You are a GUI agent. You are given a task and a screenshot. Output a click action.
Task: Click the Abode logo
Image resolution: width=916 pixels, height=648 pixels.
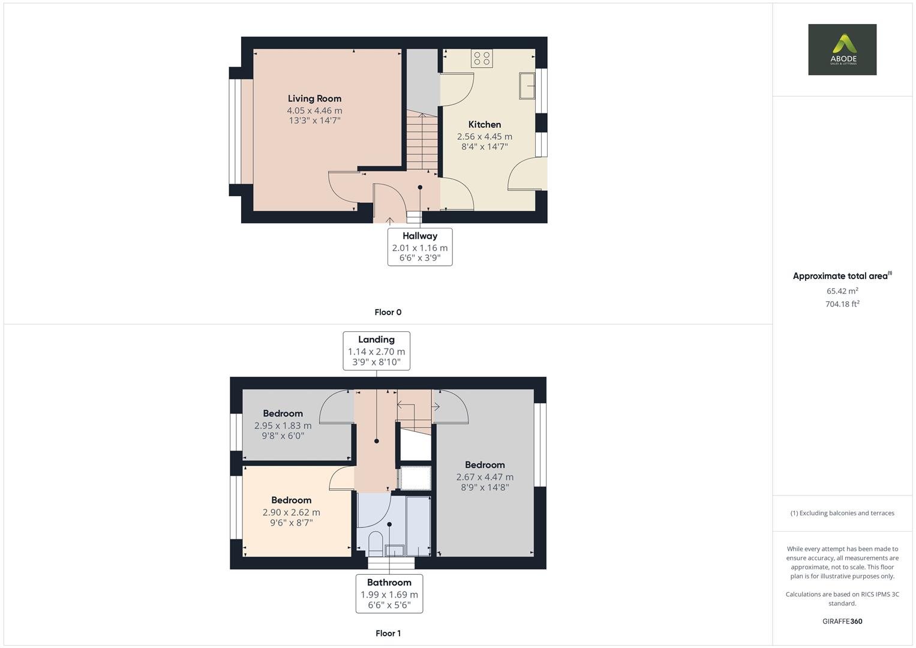[842, 49]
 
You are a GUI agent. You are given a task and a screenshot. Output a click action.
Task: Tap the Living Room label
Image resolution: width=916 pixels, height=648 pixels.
[314, 98]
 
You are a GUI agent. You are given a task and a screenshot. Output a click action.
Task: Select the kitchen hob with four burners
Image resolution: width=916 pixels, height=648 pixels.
[482, 58]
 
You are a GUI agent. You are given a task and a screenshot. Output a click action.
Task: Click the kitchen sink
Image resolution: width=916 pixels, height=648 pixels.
[527, 86]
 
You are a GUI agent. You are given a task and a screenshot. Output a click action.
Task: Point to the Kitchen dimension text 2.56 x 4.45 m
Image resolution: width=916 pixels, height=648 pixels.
[485, 137]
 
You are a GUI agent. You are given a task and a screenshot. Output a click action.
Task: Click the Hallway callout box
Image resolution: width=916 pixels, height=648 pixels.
[420, 247]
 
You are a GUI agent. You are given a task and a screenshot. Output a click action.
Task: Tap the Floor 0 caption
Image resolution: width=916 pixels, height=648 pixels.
[388, 312]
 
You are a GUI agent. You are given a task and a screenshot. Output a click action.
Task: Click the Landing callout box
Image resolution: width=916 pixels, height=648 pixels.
[376, 351]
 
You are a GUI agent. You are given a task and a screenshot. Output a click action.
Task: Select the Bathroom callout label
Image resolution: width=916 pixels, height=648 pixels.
[389, 593]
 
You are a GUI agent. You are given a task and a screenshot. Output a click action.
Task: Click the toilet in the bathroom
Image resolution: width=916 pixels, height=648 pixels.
[376, 544]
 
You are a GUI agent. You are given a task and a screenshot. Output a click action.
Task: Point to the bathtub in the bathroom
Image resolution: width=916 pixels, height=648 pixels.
[418, 526]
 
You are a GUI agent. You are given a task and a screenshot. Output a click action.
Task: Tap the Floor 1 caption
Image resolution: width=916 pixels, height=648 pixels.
[388, 633]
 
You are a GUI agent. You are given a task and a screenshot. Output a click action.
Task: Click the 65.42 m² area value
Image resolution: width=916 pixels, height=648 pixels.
[842, 291]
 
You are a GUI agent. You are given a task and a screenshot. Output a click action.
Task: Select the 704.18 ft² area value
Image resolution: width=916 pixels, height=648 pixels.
[842, 304]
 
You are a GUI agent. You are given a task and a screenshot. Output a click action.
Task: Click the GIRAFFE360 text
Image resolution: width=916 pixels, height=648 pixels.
[842, 621]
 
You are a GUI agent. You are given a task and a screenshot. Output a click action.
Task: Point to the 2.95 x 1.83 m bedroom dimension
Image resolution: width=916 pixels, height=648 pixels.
[283, 425]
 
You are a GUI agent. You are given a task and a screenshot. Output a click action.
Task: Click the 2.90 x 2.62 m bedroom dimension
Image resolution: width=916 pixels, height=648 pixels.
[291, 512]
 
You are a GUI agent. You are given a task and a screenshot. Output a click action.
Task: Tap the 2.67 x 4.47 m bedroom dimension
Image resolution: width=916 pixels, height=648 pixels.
[485, 477]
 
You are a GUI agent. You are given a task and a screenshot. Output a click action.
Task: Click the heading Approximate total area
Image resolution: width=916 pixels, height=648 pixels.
[840, 276]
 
